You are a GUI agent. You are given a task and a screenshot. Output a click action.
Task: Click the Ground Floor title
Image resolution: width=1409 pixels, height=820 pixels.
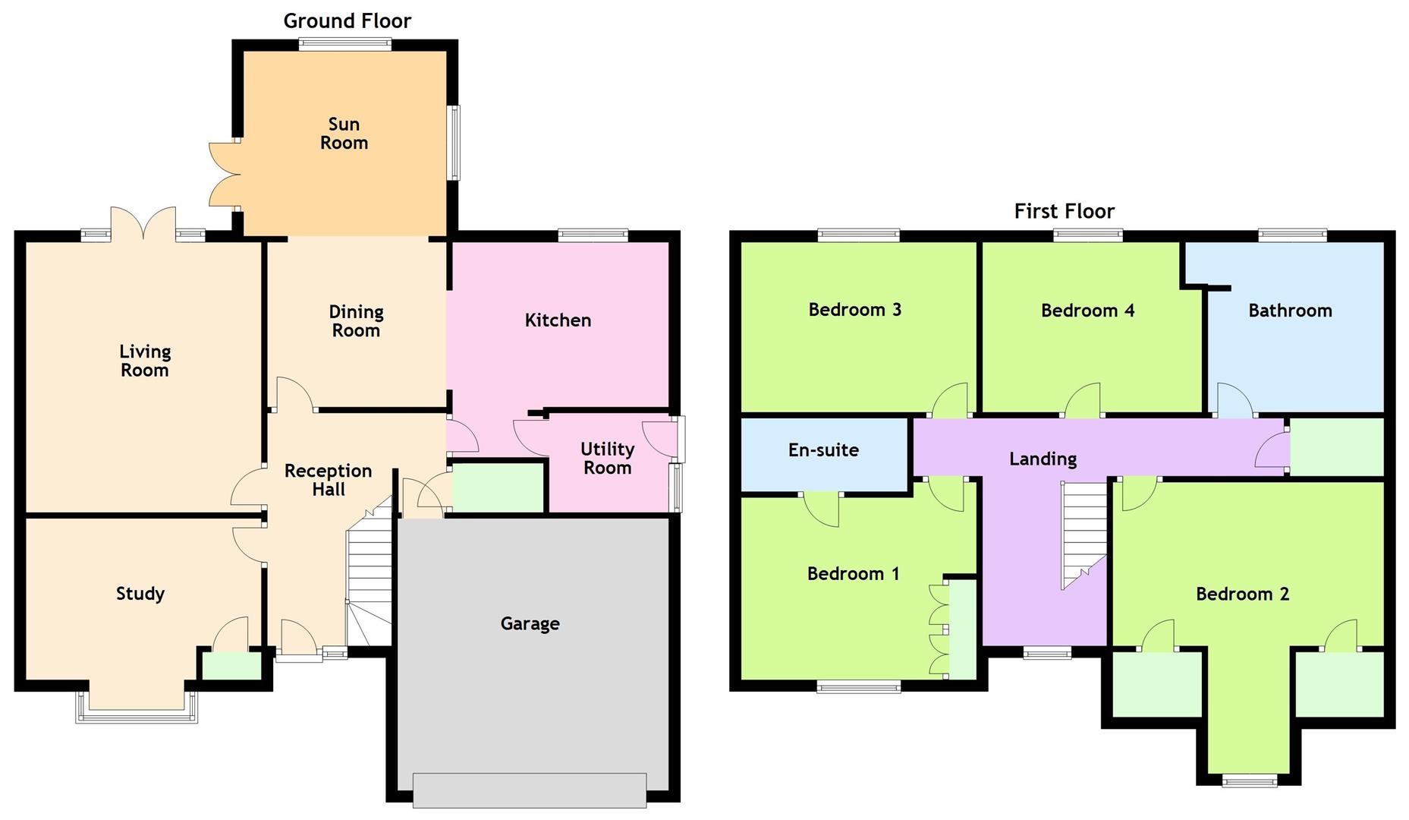pos(348,21)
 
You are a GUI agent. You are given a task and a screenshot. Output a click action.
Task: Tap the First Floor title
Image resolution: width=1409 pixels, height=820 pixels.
pos(1064,211)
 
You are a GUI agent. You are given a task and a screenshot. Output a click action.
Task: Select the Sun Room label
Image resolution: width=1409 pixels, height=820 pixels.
pos(344,134)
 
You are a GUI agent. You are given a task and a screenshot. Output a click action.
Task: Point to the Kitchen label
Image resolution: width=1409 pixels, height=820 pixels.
pos(558,320)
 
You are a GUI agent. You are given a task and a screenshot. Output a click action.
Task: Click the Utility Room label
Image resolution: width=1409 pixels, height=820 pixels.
pos(607,459)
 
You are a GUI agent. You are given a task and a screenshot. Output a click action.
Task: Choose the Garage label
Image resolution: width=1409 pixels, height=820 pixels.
pos(530,624)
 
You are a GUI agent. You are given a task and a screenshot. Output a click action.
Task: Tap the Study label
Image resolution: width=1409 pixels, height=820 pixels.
pos(140,594)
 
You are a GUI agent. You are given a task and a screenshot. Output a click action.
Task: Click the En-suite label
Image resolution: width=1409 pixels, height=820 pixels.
pos(823,450)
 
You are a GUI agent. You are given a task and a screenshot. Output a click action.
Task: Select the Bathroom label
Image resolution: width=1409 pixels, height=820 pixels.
pos(1290,311)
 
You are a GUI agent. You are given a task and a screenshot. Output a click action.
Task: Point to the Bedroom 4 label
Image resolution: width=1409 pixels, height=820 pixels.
pos(1087,311)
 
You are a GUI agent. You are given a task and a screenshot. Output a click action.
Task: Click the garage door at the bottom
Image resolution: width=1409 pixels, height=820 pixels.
pos(530,790)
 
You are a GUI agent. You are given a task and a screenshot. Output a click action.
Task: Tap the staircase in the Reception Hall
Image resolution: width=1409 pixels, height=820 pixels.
pos(370,577)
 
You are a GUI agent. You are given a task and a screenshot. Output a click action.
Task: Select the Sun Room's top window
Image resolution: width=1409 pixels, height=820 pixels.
pos(345,44)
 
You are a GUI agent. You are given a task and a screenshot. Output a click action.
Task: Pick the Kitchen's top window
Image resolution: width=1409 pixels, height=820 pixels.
pos(593,235)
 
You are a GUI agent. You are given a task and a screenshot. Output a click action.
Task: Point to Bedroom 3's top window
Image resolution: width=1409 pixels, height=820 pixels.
pos(858,235)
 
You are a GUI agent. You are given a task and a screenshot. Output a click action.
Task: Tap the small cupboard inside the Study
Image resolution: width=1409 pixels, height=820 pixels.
pos(230,666)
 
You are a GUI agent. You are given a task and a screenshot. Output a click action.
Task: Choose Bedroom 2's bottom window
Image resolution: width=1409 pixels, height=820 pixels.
pos(1250,780)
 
